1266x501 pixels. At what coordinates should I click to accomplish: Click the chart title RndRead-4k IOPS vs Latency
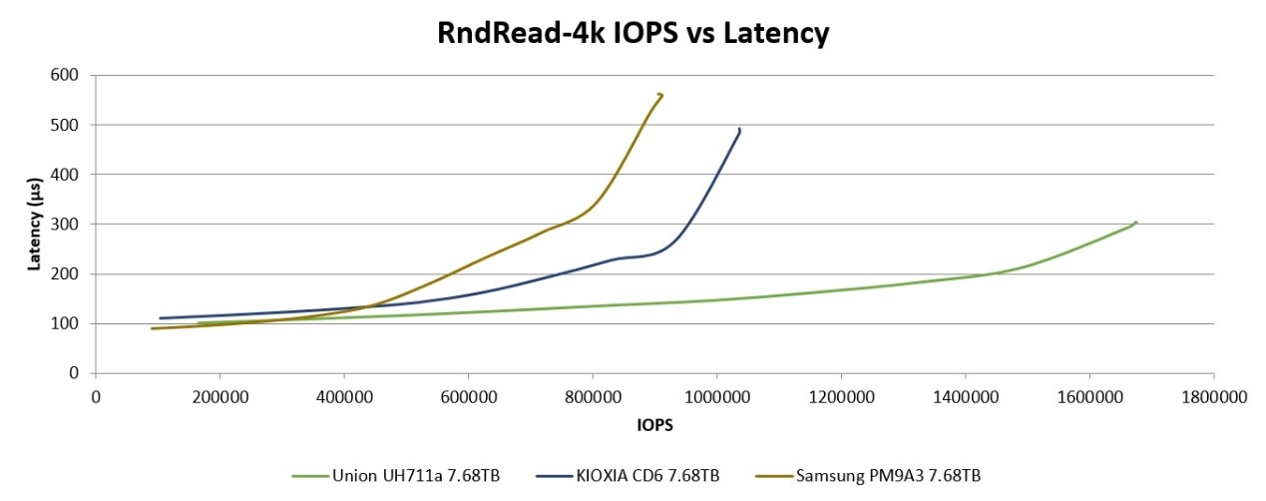[633, 33]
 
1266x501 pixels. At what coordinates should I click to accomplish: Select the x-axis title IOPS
[653, 425]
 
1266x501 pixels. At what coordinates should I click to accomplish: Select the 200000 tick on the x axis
[219, 397]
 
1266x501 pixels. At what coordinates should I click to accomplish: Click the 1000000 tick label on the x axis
[716, 397]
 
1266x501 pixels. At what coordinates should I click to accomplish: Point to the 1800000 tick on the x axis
[1213, 397]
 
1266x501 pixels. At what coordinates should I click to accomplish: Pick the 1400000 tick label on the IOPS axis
[965, 397]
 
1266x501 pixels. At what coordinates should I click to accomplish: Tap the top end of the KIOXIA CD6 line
[739, 129]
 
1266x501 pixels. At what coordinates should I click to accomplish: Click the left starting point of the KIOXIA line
[161, 318]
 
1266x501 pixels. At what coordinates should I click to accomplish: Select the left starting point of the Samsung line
[152, 328]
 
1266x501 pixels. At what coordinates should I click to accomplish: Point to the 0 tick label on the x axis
[96, 397]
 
